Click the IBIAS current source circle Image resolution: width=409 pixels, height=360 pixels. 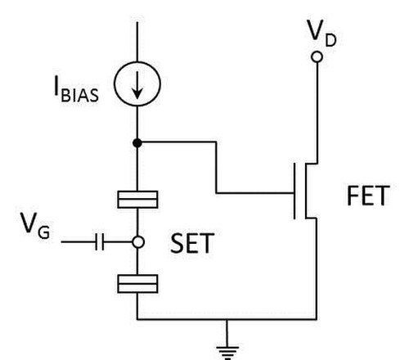[x=115, y=83]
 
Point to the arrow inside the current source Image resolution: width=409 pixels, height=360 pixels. [x=137, y=85]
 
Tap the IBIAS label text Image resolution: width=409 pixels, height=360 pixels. [x=76, y=89]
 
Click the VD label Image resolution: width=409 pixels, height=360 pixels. [x=321, y=34]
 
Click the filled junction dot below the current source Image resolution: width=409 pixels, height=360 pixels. [x=137, y=142]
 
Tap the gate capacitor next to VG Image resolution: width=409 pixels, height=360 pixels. [x=100, y=241]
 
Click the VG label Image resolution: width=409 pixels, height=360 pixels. [x=35, y=226]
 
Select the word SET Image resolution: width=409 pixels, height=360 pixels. [x=192, y=243]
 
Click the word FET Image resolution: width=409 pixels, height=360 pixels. [x=368, y=196]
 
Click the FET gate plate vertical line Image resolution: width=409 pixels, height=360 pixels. [x=294, y=191]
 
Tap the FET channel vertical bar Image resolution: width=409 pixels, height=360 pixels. [x=306, y=191]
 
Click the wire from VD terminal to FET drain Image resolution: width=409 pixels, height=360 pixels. [x=317, y=113]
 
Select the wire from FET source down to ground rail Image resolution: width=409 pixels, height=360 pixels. [x=317, y=268]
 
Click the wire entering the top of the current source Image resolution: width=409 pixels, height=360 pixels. [x=137, y=42]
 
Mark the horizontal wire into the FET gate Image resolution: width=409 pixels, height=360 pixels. [x=255, y=193]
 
